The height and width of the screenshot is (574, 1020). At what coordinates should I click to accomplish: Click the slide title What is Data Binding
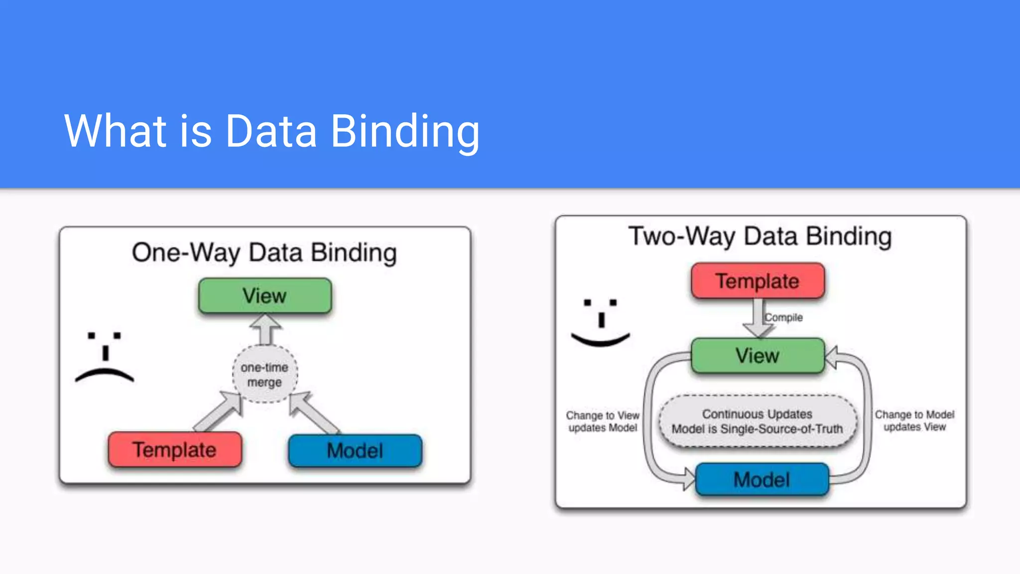tap(271, 131)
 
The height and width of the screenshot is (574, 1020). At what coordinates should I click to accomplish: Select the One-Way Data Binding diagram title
tap(264, 253)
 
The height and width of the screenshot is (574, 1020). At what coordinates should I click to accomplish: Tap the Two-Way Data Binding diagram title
tap(760, 236)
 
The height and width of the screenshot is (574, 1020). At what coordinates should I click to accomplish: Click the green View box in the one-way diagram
tap(264, 296)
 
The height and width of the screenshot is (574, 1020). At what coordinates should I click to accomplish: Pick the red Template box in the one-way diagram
tap(174, 450)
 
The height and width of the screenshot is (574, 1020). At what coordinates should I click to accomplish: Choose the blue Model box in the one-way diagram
tap(355, 451)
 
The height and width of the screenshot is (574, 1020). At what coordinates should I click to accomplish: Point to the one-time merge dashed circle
tap(264, 374)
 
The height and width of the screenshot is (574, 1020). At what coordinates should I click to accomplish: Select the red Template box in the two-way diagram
tap(758, 281)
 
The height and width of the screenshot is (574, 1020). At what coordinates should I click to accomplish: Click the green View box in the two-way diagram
tap(758, 356)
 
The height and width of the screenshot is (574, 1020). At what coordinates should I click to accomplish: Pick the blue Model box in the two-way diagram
tap(762, 480)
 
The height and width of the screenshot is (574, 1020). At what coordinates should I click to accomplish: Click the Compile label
tap(784, 317)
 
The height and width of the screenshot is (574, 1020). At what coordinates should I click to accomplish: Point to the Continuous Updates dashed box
tap(758, 422)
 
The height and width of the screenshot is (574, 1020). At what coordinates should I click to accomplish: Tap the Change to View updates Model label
tap(603, 422)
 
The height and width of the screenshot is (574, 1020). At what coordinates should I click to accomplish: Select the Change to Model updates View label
tap(914, 421)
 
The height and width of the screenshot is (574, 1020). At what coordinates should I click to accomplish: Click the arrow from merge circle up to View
tap(265, 329)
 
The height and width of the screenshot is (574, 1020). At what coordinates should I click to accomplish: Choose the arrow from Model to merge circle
tap(312, 411)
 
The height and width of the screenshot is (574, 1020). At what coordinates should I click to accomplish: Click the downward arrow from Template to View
tap(758, 319)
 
